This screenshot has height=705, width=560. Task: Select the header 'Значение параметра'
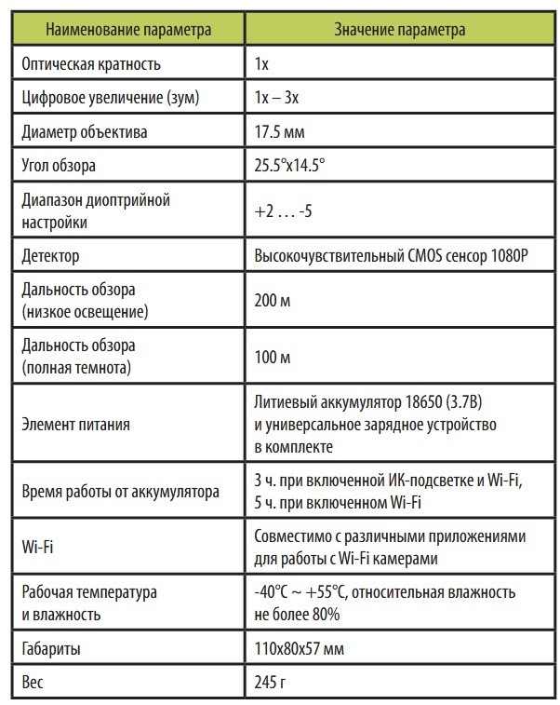(x=400, y=30)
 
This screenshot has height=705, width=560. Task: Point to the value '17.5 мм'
(x=278, y=132)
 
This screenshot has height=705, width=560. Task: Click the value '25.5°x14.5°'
(x=289, y=166)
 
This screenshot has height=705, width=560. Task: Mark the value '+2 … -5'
(x=283, y=211)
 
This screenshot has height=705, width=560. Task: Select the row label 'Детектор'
(x=49, y=255)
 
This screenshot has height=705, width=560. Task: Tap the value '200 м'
(x=273, y=301)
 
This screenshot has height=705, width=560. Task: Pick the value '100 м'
(x=273, y=358)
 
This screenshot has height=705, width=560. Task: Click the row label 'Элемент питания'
(x=74, y=425)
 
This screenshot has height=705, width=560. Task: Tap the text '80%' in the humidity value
(x=325, y=615)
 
